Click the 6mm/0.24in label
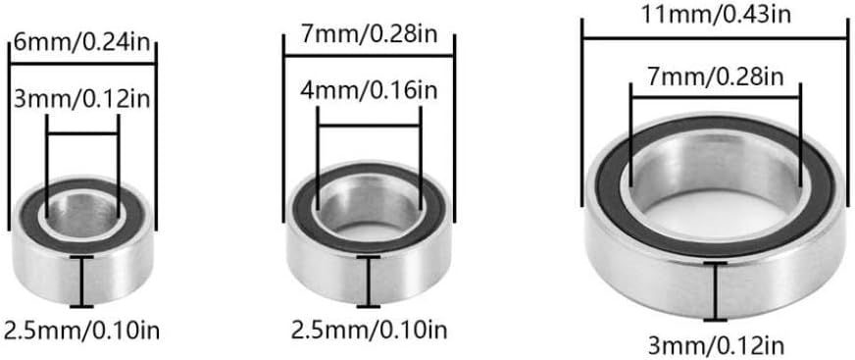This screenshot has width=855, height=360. (81, 42)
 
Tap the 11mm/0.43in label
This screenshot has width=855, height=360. (716, 15)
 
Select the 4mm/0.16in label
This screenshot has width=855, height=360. (369, 90)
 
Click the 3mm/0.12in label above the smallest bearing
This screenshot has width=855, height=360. (81, 100)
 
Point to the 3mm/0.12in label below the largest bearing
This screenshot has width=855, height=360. (716, 346)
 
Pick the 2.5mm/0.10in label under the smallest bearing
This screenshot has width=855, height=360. (81, 331)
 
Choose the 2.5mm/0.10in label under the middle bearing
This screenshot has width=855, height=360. (369, 331)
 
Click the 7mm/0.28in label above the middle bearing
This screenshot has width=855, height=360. (369, 38)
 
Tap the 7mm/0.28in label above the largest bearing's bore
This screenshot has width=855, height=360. (715, 77)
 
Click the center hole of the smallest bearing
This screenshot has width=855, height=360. (83, 214)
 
